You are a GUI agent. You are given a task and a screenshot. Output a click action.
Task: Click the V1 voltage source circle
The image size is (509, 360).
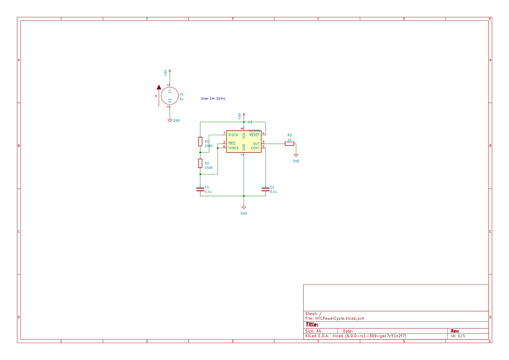(170, 96)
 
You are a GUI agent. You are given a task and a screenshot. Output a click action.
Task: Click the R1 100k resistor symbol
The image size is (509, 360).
(200, 141)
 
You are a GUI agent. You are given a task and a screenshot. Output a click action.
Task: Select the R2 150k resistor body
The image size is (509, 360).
(200, 164)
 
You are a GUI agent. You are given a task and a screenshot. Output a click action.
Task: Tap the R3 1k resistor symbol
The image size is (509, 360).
(289, 144)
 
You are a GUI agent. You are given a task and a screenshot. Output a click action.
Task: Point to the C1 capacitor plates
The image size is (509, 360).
(200, 189)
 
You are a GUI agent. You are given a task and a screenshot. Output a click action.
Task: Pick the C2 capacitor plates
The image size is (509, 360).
(265, 189)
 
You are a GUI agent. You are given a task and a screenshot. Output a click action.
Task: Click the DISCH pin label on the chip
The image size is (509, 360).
(233, 135)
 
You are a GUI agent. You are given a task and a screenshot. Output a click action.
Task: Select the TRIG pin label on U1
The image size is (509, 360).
(232, 144)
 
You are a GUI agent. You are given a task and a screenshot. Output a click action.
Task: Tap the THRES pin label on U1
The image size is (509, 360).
(233, 148)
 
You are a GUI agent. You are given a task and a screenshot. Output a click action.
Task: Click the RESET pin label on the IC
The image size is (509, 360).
(254, 135)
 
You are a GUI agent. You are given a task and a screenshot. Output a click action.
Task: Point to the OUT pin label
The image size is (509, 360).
(256, 144)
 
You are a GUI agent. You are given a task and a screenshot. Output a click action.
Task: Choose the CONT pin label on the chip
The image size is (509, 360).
(255, 148)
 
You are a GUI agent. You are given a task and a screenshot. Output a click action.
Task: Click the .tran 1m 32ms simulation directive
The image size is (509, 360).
(212, 99)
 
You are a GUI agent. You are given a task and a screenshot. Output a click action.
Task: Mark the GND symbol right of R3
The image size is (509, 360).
(296, 155)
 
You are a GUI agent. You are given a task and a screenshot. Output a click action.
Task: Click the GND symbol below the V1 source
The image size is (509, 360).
(170, 120)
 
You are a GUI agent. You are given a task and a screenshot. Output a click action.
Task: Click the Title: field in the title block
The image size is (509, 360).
(312, 325)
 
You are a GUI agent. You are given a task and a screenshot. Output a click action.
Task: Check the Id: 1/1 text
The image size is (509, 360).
(458, 336)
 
